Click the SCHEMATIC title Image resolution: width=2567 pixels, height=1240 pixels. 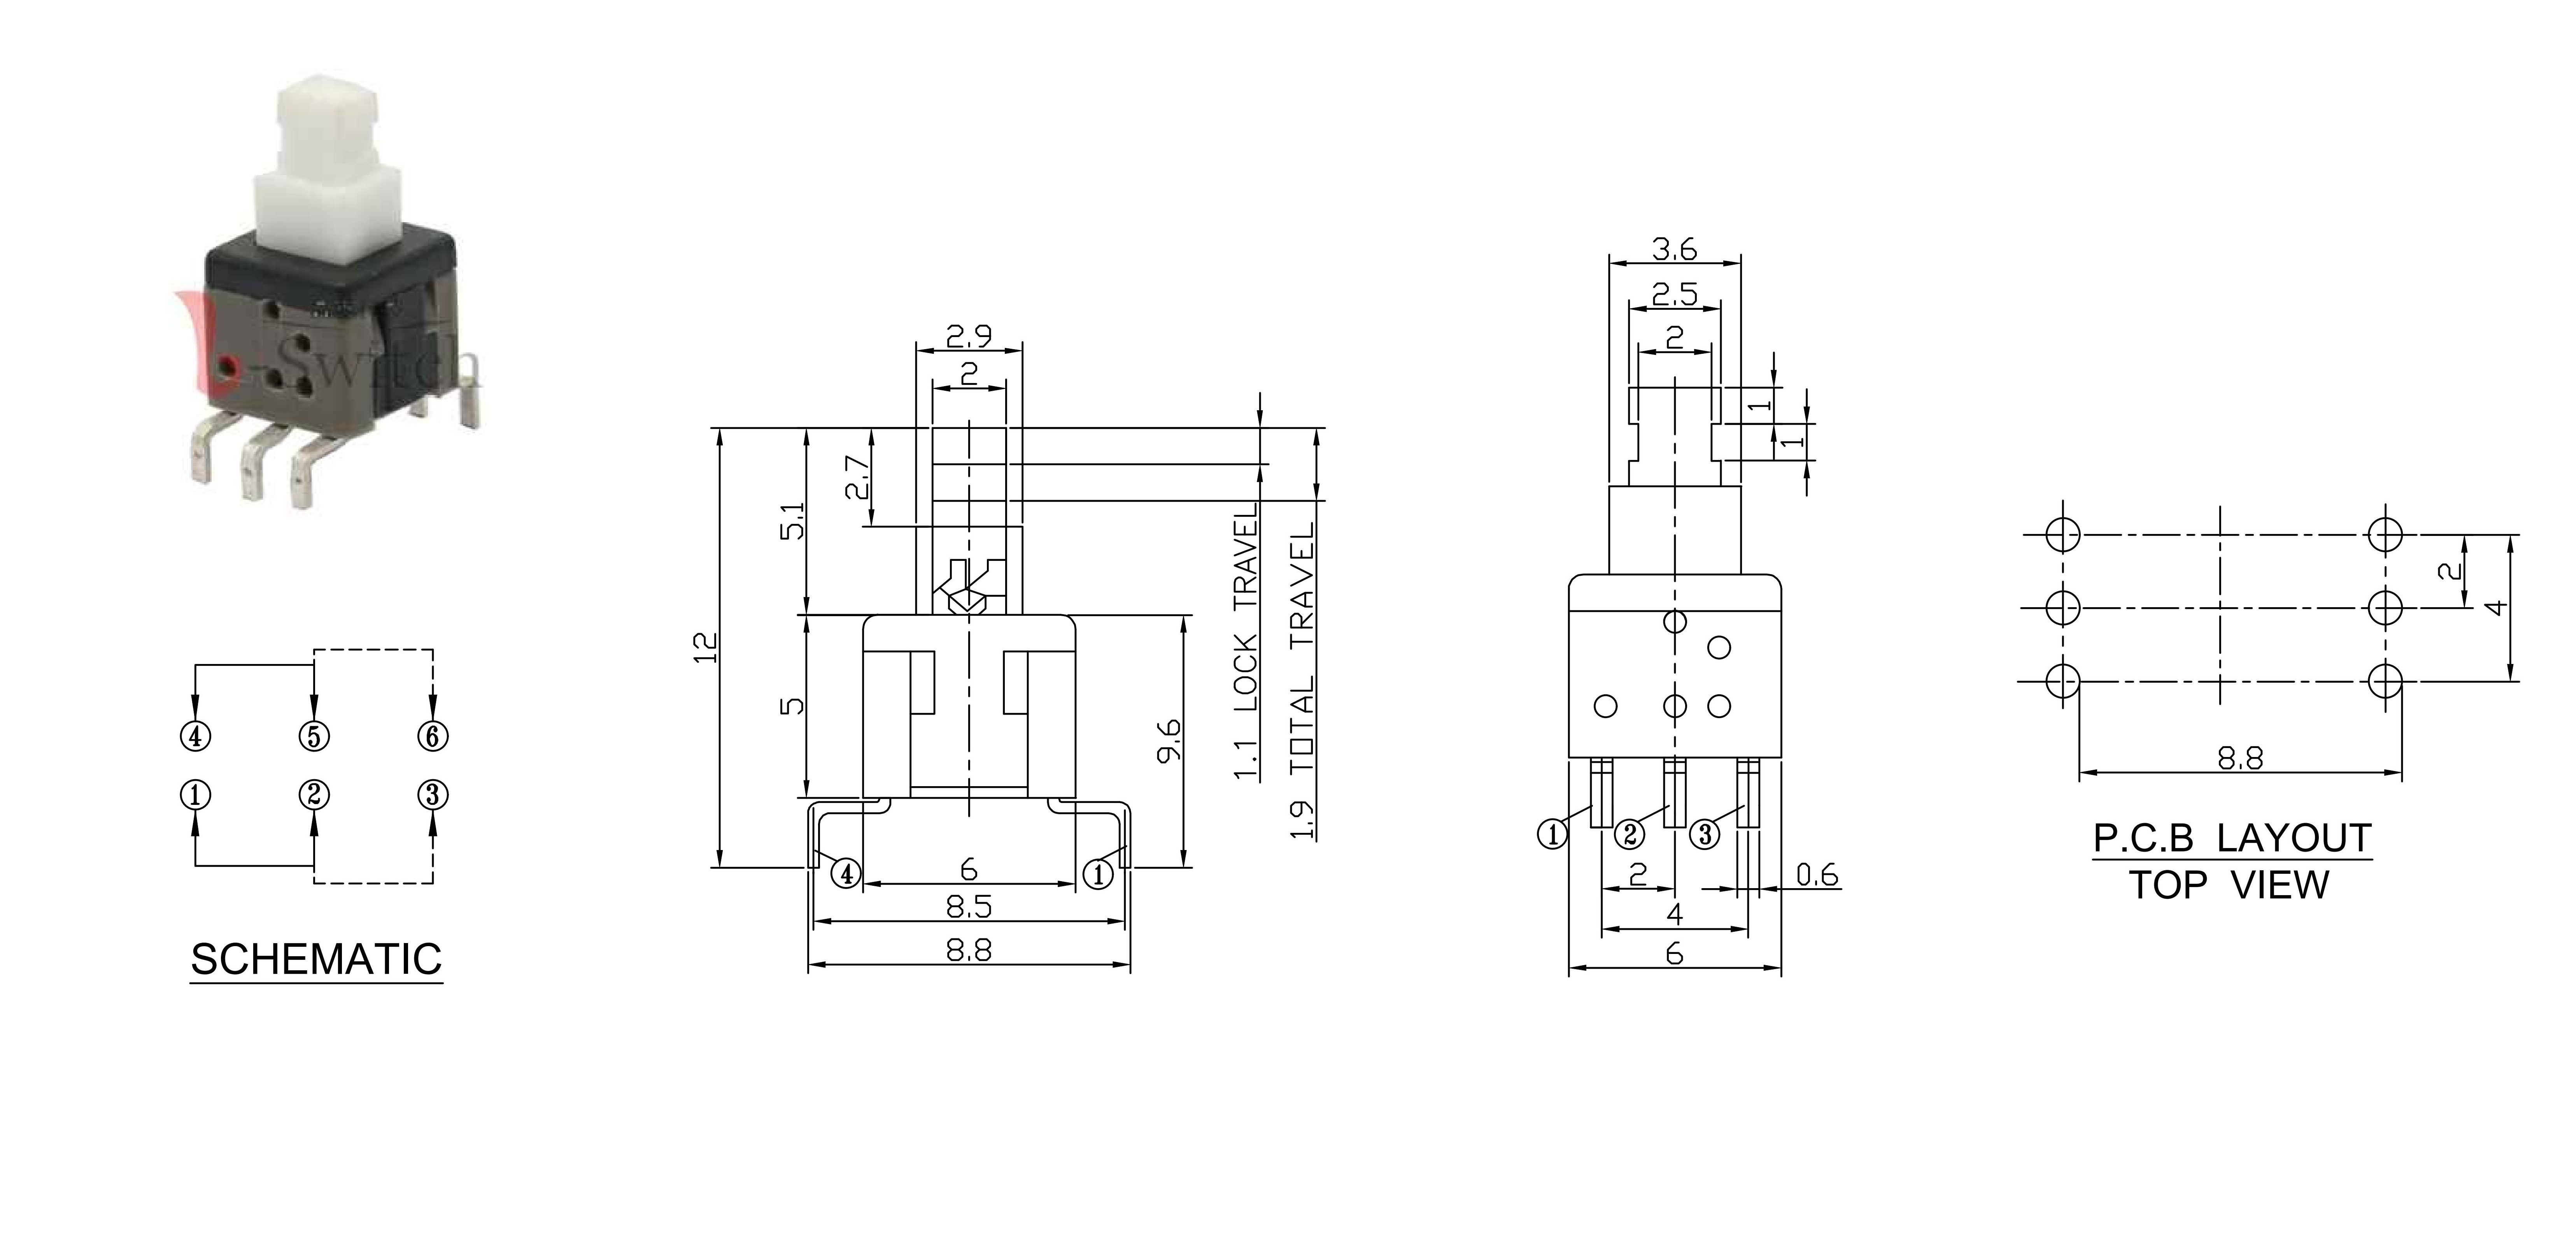[316, 959]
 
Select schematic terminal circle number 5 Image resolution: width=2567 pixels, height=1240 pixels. [314, 737]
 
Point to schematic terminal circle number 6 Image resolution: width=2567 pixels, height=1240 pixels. [433, 737]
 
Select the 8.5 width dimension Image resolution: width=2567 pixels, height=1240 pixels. [969, 907]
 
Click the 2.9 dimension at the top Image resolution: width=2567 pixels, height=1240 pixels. [969, 337]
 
